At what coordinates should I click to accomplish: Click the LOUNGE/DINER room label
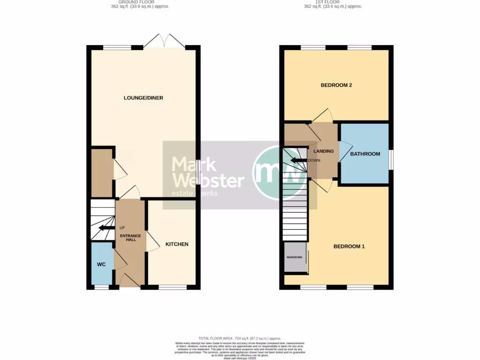(143, 98)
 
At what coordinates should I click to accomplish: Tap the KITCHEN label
(177, 244)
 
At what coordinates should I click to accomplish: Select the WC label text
(101, 264)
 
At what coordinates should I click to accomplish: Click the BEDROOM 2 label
(336, 85)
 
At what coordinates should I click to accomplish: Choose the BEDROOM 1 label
(349, 247)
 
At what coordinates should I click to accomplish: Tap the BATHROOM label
(365, 154)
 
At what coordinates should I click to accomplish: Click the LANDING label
(323, 151)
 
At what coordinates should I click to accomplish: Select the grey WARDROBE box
(295, 257)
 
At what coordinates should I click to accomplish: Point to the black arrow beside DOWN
(298, 160)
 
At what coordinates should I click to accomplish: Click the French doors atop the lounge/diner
(164, 41)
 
